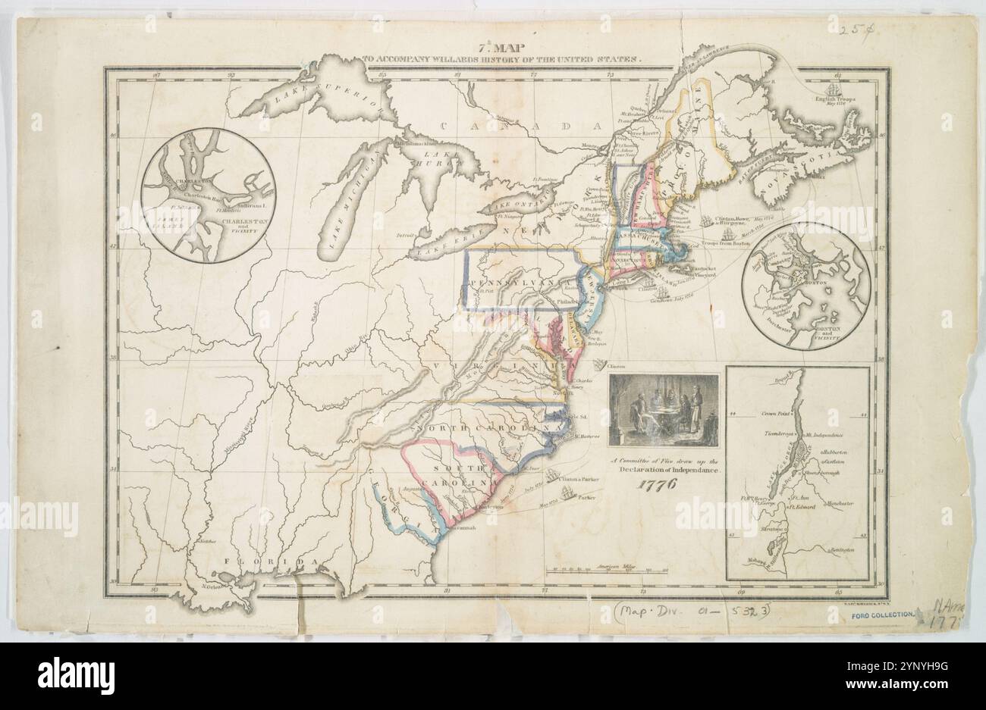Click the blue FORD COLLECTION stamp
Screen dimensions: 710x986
coord(881,615)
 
